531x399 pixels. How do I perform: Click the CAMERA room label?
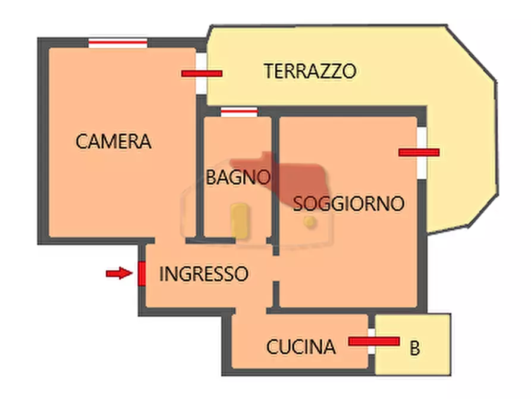pyautogui.click(x=114, y=142)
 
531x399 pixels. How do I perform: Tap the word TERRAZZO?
pyautogui.click(x=310, y=71)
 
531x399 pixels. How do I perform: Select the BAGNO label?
pyautogui.click(x=238, y=177)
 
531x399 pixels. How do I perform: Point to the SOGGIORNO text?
pyautogui.click(x=348, y=204)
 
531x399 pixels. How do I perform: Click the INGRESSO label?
pyautogui.click(x=203, y=274)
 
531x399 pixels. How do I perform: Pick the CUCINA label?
pyautogui.click(x=300, y=347)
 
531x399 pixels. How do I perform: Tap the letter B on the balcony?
pyautogui.click(x=415, y=348)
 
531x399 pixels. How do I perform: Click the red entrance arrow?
pyautogui.click(x=118, y=273)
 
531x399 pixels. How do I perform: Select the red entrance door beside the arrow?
pyautogui.click(x=142, y=274)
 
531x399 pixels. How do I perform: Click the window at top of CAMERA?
pyautogui.click(x=118, y=42)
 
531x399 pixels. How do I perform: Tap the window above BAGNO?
pyautogui.click(x=238, y=111)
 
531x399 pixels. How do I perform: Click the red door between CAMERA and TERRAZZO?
pyautogui.click(x=202, y=73)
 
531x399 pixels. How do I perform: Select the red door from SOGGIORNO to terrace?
pyautogui.click(x=419, y=152)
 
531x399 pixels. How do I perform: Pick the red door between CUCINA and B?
pyautogui.click(x=373, y=341)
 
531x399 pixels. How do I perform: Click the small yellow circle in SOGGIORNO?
pyautogui.click(x=309, y=222)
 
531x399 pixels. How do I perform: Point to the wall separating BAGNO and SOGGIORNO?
pyautogui.click(x=275, y=179)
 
